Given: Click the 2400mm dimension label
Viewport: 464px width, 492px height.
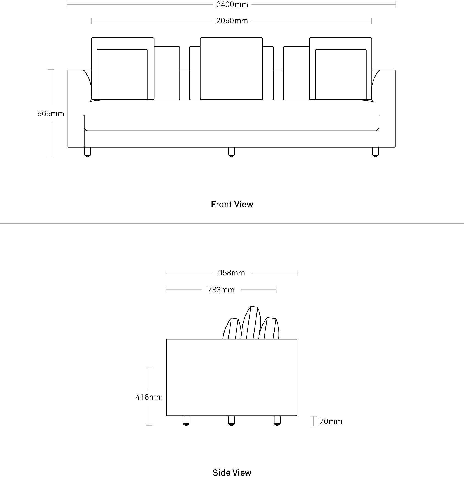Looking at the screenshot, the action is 232,4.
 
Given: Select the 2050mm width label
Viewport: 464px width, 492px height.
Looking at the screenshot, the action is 232,21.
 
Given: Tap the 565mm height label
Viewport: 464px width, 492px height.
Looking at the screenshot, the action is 51,114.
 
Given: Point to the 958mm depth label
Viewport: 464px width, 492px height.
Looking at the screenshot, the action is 231,273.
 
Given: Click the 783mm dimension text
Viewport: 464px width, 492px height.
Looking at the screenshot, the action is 221,290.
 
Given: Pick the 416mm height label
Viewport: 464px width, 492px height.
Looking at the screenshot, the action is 149,397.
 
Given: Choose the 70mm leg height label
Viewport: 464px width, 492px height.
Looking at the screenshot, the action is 331,421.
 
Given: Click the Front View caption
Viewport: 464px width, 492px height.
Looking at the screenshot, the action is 232,204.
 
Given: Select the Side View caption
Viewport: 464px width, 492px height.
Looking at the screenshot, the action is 232,473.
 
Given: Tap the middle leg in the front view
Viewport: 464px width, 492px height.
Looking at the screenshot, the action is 231,152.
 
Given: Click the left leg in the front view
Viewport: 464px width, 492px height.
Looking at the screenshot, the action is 88,152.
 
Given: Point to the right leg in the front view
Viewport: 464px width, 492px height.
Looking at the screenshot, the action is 375,152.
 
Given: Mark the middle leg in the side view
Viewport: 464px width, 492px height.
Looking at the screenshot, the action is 231,420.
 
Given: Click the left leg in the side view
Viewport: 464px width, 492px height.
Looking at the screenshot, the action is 186,420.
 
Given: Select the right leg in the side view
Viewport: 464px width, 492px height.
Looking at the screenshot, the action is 277,420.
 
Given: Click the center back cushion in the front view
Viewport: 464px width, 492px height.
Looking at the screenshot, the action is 231,69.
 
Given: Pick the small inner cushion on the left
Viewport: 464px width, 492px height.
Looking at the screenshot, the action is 122,74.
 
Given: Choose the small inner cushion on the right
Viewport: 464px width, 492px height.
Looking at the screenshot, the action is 341,74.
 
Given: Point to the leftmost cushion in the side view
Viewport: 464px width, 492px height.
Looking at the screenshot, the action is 232,329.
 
